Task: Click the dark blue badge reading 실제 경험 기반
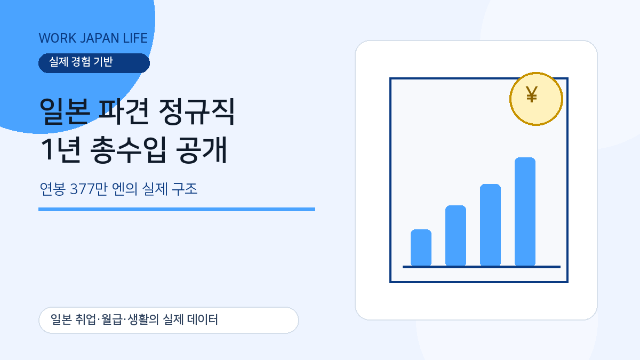pyautogui.click(x=94, y=63)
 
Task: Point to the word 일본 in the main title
pyautogui.click(x=63, y=111)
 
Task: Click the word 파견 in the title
pyautogui.click(x=123, y=111)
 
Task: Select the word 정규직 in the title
pyautogui.click(x=197, y=111)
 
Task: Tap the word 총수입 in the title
pyautogui.click(x=128, y=150)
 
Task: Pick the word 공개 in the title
pyautogui.click(x=202, y=150)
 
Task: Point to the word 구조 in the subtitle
pyautogui.click(x=185, y=189)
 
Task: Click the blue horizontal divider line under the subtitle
pyautogui.click(x=177, y=210)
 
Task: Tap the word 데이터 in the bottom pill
pyautogui.click(x=202, y=319)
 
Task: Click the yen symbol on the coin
pyautogui.click(x=532, y=94)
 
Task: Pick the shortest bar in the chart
pyautogui.click(x=421, y=247)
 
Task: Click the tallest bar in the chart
pyautogui.click(x=525, y=211)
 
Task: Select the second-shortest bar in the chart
pyautogui.click(x=455, y=235)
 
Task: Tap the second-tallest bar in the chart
pyautogui.click(x=490, y=225)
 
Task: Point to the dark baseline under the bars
pyautogui.click(x=482, y=267)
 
